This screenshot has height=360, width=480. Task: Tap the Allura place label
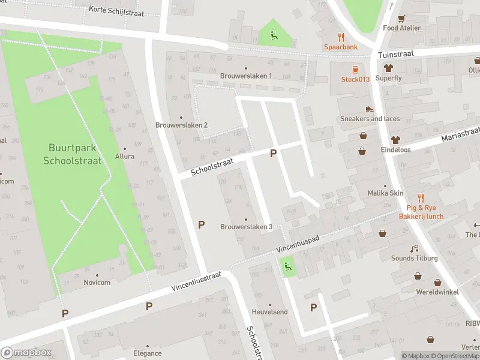click(x=125, y=156)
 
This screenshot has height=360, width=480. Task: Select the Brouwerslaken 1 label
click(x=246, y=76)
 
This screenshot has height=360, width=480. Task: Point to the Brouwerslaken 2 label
click(x=181, y=125)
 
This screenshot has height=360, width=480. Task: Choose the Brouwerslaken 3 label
click(x=246, y=227)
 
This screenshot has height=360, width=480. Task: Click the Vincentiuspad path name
click(x=298, y=242)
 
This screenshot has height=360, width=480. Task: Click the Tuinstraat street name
click(x=397, y=54)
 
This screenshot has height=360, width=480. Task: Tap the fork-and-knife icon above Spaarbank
click(x=341, y=37)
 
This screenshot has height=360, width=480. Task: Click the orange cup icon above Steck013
click(x=355, y=69)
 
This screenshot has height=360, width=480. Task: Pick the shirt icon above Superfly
click(x=388, y=68)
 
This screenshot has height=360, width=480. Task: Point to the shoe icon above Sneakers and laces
click(x=370, y=109)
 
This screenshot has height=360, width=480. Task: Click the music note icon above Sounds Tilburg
click(x=414, y=248)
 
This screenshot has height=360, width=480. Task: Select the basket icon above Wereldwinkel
click(x=437, y=282)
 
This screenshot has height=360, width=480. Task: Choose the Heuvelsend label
click(x=269, y=312)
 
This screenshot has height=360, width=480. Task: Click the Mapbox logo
click(x=26, y=353)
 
